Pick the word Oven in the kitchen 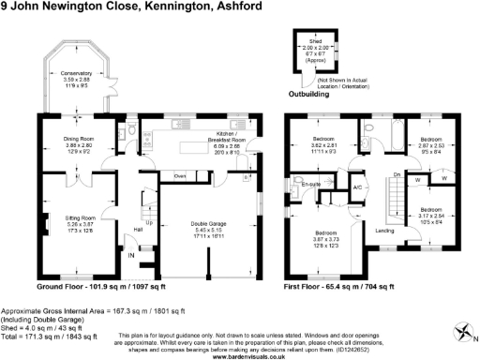[x=180, y=175]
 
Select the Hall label [x=137, y=229]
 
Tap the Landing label [x=383, y=230]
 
